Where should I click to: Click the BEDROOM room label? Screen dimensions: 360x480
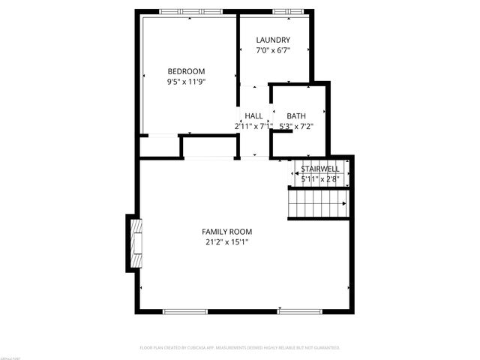click(186, 71)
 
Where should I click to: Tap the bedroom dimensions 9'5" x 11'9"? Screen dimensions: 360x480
click(186, 82)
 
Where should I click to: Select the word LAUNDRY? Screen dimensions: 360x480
click(273, 40)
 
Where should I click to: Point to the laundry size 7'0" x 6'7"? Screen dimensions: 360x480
click(273, 50)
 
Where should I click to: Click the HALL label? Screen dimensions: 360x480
click(253, 115)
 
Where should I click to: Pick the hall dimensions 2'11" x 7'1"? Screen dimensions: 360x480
click(253, 126)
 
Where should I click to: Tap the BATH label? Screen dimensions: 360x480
click(296, 115)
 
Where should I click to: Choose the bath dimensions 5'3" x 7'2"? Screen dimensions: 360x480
click(296, 126)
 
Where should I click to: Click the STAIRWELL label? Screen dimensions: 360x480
click(320, 169)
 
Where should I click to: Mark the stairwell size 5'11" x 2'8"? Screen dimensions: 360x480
click(320, 179)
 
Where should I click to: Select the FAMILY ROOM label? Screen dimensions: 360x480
click(226, 232)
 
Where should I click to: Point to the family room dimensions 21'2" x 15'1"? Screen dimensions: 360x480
click(226, 242)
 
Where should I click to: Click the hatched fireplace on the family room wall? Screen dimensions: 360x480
click(136, 244)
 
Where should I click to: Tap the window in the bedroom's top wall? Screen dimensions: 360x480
click(191, 12)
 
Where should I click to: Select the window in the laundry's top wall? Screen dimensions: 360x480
click(284, 12)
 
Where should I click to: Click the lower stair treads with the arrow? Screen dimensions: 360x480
click(319, 202)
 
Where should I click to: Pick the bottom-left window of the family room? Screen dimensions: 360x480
click(185, 310)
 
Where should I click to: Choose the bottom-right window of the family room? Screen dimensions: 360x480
click(300, 310)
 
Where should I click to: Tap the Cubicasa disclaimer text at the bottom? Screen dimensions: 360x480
click(240, 348)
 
